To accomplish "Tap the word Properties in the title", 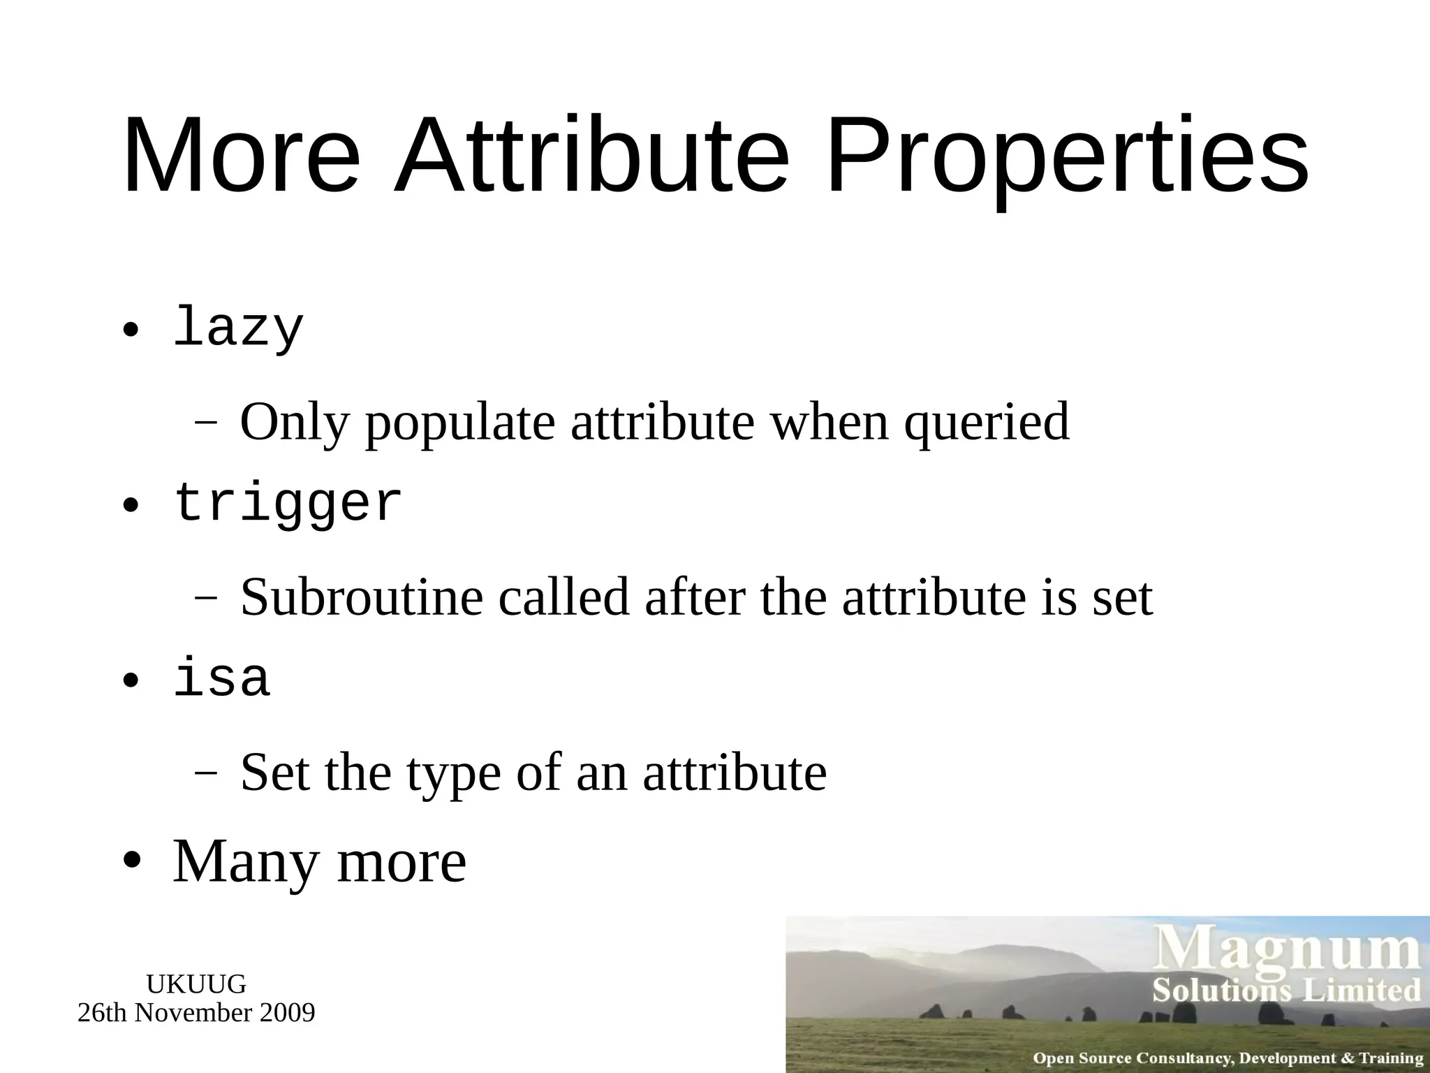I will pos(1066,157).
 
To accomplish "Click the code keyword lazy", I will pos(238,328).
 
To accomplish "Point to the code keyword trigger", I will pos(288,504).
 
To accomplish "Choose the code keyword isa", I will pos(221,679).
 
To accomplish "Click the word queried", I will pos(987,423).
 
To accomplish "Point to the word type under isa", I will pos(454,774).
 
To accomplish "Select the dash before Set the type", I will pos(205,773).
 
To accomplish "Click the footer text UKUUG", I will pos(196,984).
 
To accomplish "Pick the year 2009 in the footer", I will pos(287,1012).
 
